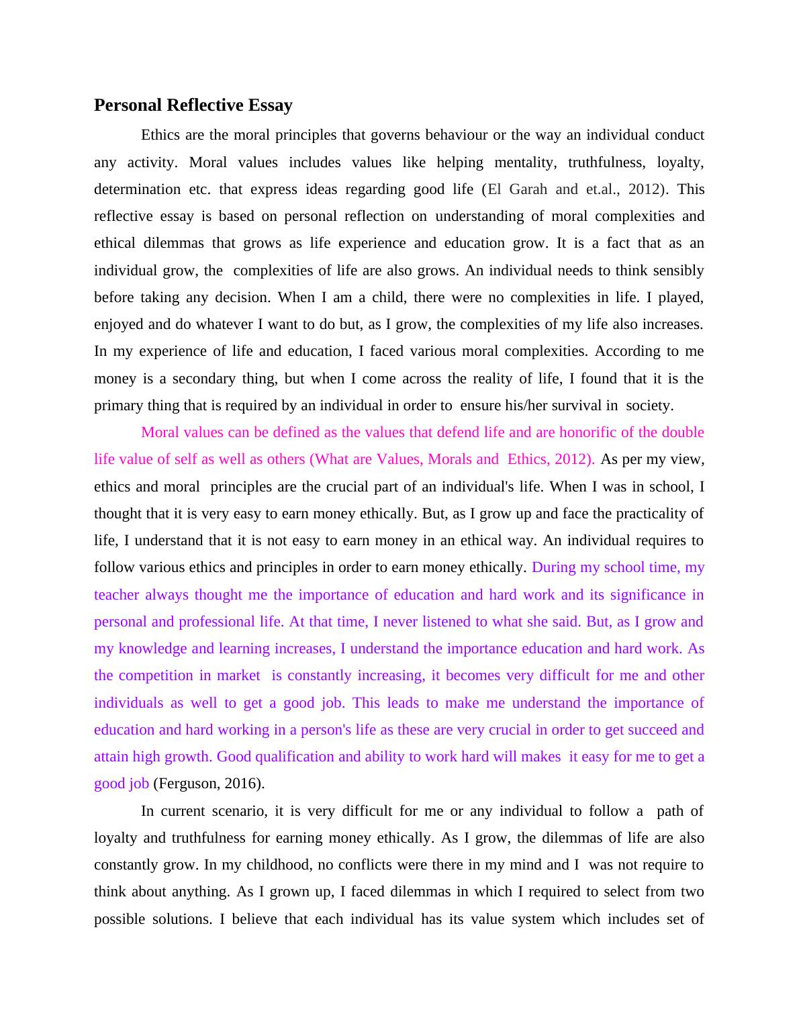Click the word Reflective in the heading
click(204, 105)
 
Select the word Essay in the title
click(270, 105)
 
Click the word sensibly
click(677, 271)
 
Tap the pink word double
click(683, 432)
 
